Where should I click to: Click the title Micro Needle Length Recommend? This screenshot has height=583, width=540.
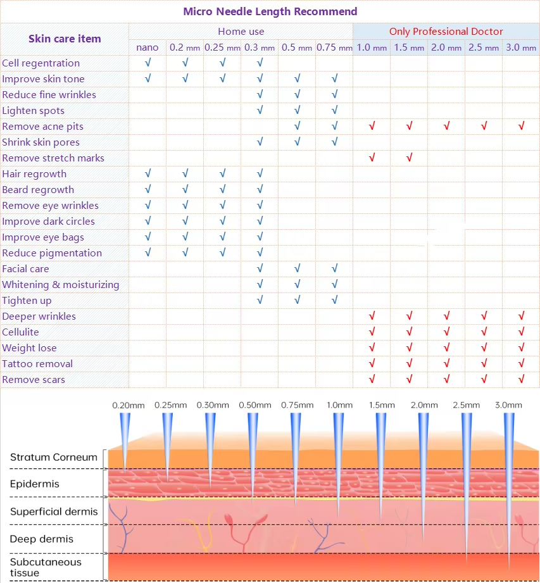coord(270,11)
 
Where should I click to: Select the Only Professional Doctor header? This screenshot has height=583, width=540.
coord(446,31)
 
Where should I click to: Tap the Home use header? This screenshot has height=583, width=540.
coord(241,31)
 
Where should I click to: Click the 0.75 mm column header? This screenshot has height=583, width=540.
coord(334,47)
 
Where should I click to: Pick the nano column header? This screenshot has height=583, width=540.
coord(148,47)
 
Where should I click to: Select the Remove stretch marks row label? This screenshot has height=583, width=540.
coord(53,158)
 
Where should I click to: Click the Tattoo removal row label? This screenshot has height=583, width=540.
coord(37,363)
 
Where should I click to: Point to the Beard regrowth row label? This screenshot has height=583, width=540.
coord(38,189)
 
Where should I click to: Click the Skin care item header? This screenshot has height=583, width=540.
coord(65,39)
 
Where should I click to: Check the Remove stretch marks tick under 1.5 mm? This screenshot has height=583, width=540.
coord(409,158)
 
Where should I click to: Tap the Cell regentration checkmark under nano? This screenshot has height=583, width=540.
coord(148,63)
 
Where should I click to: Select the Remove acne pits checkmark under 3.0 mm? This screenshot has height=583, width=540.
coord(521,126)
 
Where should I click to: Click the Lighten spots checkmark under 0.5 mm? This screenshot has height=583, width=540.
coord(297,110)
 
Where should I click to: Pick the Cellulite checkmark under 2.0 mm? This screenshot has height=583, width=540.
coord(446,332)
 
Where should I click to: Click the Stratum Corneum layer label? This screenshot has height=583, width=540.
coord(54,457)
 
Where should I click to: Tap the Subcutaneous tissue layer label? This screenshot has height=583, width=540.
coord(46,567)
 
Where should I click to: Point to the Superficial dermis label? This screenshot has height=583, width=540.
coord(54,511)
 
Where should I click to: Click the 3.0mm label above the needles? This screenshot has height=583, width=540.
coord(508,405)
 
